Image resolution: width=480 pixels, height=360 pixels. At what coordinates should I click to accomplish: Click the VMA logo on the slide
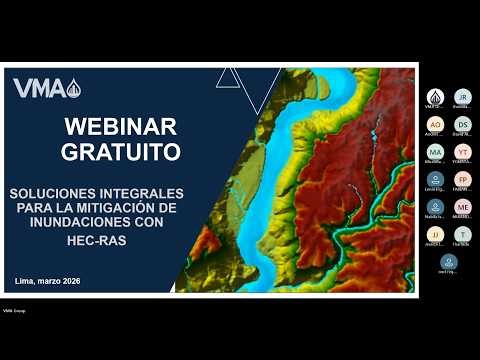(x=47, y=88)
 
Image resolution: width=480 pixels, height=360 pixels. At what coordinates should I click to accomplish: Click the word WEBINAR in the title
(x=120, y=127)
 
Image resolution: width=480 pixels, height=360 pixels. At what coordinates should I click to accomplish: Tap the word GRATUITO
(x=120, y=152)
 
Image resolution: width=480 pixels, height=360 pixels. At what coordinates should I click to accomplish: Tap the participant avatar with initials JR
(x=462, y=96)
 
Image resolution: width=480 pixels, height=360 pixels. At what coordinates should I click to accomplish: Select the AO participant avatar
(x=435, y=124)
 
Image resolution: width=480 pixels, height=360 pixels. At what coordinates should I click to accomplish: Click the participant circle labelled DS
(x=462, y=124)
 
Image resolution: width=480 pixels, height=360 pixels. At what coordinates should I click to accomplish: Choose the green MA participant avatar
(x=435, y=152)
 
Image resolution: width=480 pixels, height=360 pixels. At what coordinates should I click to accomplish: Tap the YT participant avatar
(x=462, y=152)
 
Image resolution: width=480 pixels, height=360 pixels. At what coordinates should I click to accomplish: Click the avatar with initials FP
(x=462, y=179)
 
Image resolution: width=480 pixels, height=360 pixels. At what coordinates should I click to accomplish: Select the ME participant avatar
(x=462, y=207)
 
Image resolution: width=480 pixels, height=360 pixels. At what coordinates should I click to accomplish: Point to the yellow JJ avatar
(x=435, y=234)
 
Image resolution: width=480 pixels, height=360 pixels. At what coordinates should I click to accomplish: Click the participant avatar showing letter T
(x=462, y=234)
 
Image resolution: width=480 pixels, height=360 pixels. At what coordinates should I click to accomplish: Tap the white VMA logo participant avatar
(x=435, y=96)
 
